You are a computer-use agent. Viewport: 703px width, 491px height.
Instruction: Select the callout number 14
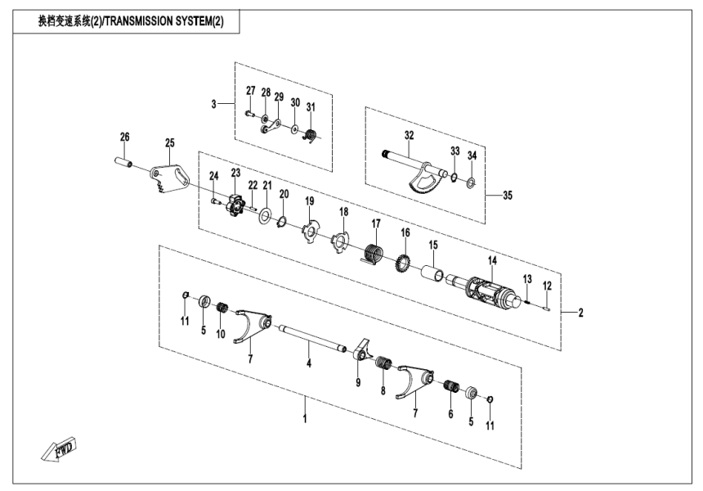pyautogui.click(x=492, y=261)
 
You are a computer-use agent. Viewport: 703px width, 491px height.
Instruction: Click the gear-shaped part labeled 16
pyautogui.click(x=402, y=264)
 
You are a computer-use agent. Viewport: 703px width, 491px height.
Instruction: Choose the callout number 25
pyautogui.click(x=170, y=143)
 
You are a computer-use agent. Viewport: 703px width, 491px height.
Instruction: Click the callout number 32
pyautogui.click(x=409, y=134)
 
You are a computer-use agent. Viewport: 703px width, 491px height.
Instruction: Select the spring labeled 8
pyautogui.click(x=384, y=367)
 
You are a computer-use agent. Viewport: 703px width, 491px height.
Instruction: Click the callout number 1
pyautogui.click(x=305, y=418)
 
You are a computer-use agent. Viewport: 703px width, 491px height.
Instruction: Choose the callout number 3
pyautogui.click(x=214, y=104)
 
